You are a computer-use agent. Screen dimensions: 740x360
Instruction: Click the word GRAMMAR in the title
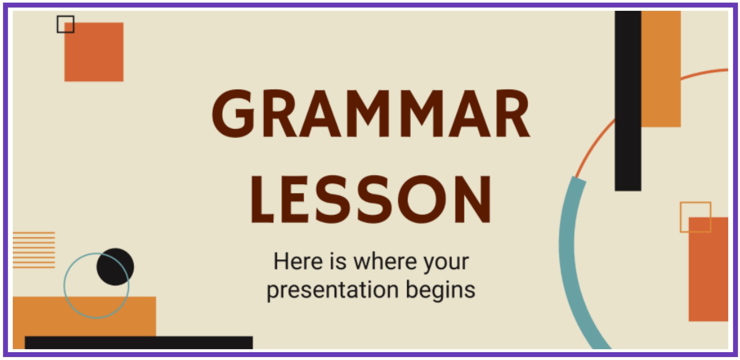pyautogui.click(x=371, y=113)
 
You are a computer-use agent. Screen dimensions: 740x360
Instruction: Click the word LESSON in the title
pyautogui.click(x=371, y=199)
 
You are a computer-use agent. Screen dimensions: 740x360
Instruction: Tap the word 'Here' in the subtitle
pyautogui.click(x=298, y=261)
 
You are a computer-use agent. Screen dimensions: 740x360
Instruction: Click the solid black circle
pyautogui.click(x=115, y=267)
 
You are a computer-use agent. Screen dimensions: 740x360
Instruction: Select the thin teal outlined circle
pyautogui.click(x=64, y=286)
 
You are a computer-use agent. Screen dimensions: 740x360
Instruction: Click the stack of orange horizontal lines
pyautogui.click(x=34, y=250)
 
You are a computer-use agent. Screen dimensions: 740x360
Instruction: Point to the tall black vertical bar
pyautogui.click(x=628, y=101)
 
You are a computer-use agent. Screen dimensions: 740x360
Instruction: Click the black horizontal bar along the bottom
pyautogui.click(x=139, y=343)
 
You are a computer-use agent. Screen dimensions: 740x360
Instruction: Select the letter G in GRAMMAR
pyautogui.click(x=233, y=113)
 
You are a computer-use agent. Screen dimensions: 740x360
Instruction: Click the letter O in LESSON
pyautogui.click(x=422, y=199)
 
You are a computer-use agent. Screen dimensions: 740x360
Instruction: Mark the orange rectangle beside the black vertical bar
pyautogui.click(x=661, y=69)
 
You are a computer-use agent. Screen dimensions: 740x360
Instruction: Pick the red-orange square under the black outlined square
pyautogui.click(x=94, y=52)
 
